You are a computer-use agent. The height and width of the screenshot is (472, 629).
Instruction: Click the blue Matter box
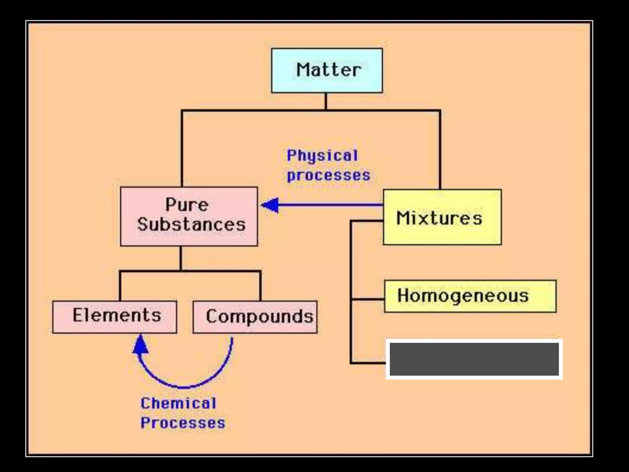point(327,70)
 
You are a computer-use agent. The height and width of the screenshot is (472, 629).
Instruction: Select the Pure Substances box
point(189,216)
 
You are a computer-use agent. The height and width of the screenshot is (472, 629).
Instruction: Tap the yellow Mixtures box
point(442,217)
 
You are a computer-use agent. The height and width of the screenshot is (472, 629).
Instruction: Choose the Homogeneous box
point(470,296)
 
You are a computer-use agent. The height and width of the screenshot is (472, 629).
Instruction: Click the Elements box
point(115,317)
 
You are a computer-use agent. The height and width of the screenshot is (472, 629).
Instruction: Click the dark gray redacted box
point(474,359)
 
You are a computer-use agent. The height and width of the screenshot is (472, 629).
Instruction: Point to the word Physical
point(322,155)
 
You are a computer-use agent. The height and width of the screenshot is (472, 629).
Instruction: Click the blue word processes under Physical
point(329,175)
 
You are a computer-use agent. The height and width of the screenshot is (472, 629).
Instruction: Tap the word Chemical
point(178,403)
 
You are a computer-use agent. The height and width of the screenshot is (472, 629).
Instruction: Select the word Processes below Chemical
point(183,423)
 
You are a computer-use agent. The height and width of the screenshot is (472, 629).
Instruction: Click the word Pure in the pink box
point(187,205)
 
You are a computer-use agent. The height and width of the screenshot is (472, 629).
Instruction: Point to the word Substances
point(191,224)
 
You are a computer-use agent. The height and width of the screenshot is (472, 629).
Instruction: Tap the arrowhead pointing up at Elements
point(140,345)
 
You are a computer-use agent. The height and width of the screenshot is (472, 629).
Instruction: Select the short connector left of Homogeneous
point(368,299)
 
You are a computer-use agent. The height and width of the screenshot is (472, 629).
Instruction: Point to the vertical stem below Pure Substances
point(181,258)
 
